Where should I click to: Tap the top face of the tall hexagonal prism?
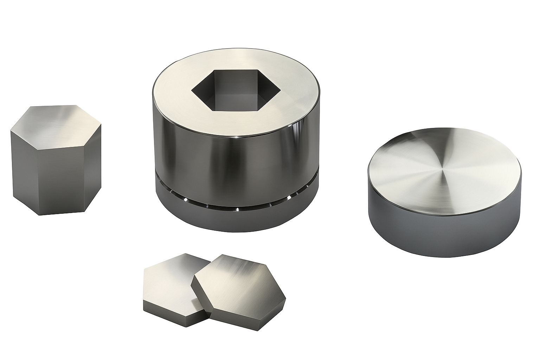click(56, 121)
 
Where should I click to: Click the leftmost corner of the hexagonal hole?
click(192, 92)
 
